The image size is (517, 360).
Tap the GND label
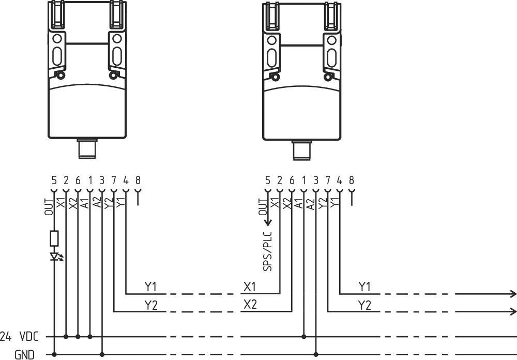24,354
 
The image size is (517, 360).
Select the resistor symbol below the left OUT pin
54,238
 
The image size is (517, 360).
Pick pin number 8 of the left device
138,181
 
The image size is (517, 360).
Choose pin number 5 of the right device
267,181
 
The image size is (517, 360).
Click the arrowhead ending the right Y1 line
513,294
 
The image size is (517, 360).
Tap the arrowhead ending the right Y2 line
513,311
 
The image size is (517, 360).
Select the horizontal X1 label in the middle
250,287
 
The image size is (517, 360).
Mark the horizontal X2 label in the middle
250,305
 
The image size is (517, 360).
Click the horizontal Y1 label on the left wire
151,287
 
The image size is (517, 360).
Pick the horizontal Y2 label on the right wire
364,305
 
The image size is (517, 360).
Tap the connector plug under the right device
301,151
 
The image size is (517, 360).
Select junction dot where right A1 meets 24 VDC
303,336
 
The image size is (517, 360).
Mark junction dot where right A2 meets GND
315,354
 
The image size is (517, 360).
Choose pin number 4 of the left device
126,181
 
